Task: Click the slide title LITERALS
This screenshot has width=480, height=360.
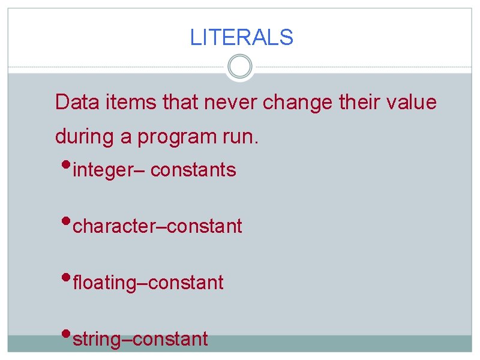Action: click(x=241, y=38)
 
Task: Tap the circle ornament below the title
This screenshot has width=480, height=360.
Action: click(x=241, y=67)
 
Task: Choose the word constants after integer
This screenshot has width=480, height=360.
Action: click(x=193, y=170)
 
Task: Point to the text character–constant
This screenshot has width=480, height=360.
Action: click(x=157, y=226)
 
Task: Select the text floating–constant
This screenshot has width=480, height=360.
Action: click(x=148, y=283)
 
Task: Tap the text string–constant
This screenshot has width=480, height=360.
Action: click(x=140, y=339)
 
